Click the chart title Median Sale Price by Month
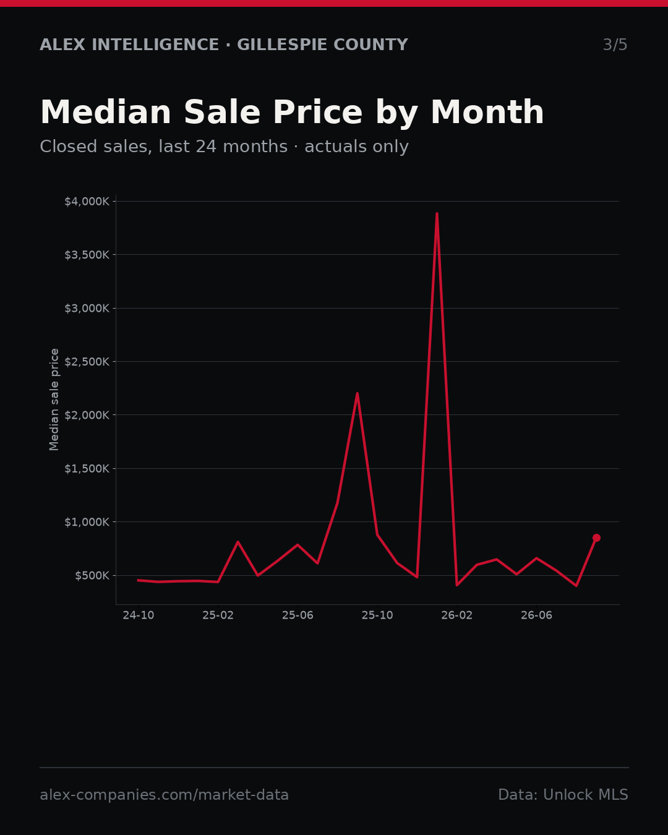(x=292, y=113)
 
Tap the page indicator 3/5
(x=615, y=45)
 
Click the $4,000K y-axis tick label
(x=87, y=202)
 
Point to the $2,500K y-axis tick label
(x=87, y=362)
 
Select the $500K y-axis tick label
(x=92, y=575)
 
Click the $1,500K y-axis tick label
(x=87, y=469)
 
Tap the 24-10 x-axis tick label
(x=139, y=615)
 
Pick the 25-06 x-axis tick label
(x=298, y=615)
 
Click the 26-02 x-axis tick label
(x=457, y=615)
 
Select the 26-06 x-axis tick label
(x=536, y=615)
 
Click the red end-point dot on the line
(x=597, y=537)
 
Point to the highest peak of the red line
(x=437, y=213)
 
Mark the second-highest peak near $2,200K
(x=357, y=394)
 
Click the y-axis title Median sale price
(x=54, y=400)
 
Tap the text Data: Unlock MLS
(x=563, y=794)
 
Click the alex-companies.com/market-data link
(x=164, y=795)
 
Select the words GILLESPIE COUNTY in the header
(x=322, y=45)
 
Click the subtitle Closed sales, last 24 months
(x=164, y=147)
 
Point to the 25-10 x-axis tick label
(x=377, y=615)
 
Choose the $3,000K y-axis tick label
(x=87, y=309)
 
